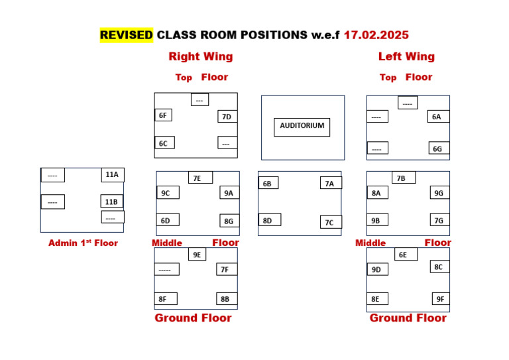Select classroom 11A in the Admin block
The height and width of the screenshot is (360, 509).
click(112, 175)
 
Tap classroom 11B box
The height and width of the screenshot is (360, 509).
click(111, 202)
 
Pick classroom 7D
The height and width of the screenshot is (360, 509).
click(227, 117)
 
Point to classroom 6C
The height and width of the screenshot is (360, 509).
click(164, 143)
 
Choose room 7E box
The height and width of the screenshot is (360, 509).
click(200, 178)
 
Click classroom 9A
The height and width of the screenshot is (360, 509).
click(229, 193)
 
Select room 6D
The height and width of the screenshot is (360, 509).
click(167, 220)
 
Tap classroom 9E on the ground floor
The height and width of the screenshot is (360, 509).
click(197, 255)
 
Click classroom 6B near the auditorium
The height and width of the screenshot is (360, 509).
click(268, 183)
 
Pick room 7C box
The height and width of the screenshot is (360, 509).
click(330, 222)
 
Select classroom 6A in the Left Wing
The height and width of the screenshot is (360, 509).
click(437, 117)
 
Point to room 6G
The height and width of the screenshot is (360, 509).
click(438, 149)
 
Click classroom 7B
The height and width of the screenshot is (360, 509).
click(402, 178)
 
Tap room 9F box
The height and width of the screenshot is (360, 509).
click(441, 299)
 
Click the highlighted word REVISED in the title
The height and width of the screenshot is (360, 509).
click(127, 35)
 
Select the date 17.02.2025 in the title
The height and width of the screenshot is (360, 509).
click(376, 35)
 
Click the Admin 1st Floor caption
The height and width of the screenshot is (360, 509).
click(83, 243)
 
